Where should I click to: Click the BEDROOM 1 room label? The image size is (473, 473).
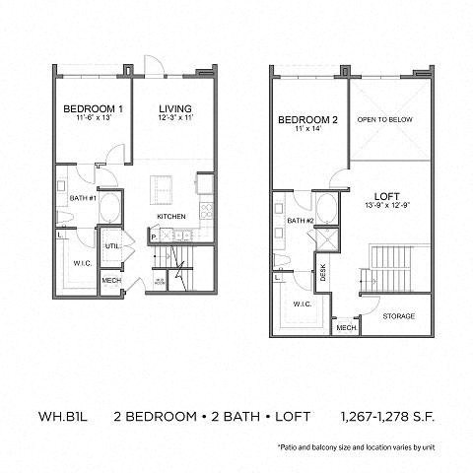pos(92,107)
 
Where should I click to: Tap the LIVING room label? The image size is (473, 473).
pos(173,107)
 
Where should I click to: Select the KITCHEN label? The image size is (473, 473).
pos(171,216)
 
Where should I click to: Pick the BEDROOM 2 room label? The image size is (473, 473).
pos(307,120)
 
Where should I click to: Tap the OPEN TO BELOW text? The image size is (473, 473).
pos(384,120)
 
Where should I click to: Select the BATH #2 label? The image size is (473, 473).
pos(300,221)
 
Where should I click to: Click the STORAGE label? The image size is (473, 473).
pos(398,316)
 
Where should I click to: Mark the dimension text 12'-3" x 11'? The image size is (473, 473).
pos(173,117)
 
